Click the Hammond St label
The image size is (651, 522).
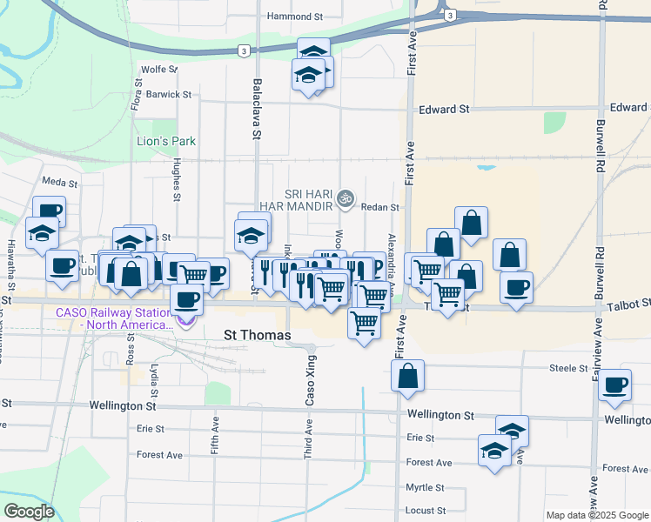295,16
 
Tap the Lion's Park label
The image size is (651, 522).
166,141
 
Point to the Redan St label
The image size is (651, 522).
381,207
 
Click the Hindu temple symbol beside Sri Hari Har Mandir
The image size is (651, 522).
346,198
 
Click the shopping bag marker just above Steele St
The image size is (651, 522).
407,377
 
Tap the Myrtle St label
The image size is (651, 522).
426,488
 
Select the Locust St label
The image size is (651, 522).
426,511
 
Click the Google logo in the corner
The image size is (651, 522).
29,512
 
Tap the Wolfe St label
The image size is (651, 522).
159,69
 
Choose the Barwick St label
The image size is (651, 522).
169,94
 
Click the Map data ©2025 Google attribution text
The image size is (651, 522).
598,515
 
